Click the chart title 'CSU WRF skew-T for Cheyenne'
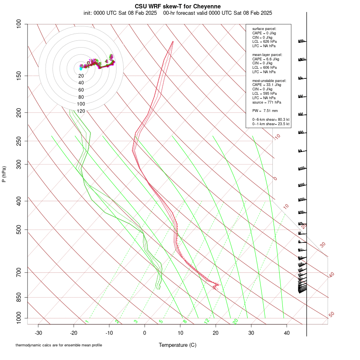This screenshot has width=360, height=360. point(178,6)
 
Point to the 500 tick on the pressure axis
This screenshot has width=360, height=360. point(19,230)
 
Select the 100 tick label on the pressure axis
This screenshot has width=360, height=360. point(19,24)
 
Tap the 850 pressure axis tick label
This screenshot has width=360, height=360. point(19,297)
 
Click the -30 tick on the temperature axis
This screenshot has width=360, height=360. point(38,333)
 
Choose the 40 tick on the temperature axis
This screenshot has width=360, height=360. point(287,333)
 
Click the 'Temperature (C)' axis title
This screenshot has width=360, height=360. point(178,345)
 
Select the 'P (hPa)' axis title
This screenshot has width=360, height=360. point(4,174)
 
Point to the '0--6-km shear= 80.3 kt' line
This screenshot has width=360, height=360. point(270,120)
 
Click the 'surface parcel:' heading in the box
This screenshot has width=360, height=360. point(264,29)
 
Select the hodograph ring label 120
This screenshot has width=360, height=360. point(81,111)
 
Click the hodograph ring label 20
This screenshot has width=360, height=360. point(81,76)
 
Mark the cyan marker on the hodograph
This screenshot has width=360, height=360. point(81,68)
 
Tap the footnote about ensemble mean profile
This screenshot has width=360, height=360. point(59,345)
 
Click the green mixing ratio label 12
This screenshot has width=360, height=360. point(207,321)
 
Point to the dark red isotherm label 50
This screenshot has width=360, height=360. point(331,315)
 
